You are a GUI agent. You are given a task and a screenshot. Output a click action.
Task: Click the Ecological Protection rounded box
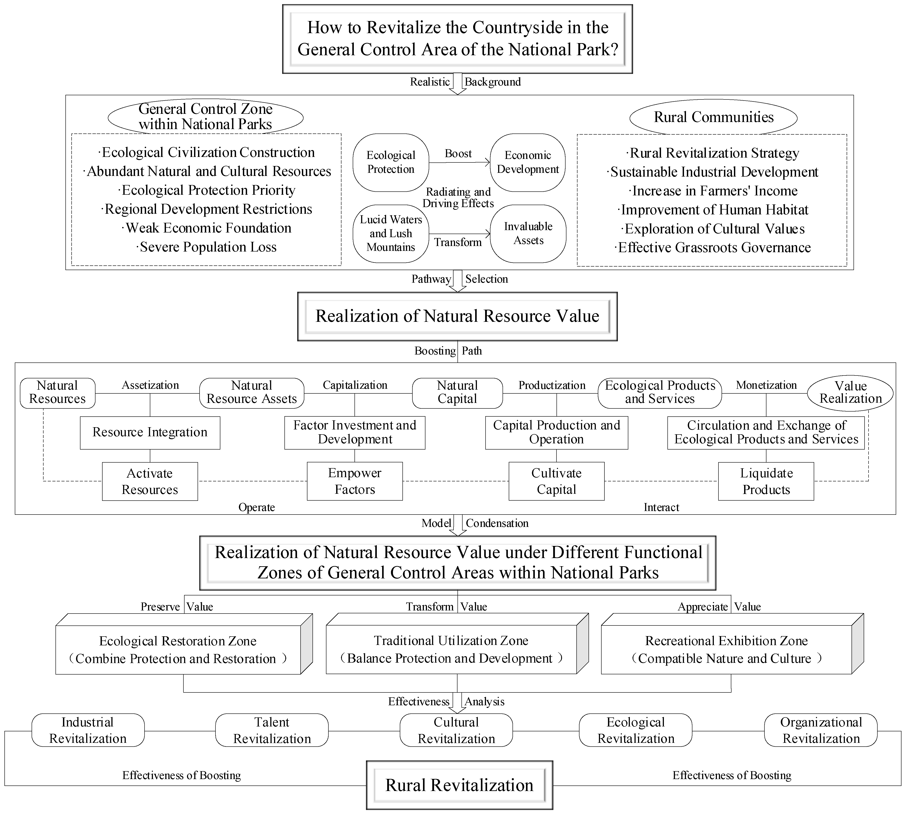pos(391,162)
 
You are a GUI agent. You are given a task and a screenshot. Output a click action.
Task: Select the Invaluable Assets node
pos(528,233)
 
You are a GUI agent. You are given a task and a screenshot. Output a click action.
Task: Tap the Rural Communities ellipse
pos(713,117)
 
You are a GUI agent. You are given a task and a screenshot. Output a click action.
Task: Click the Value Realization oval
pos(850,392)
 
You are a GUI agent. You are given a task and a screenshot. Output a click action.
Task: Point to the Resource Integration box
pos(150,433)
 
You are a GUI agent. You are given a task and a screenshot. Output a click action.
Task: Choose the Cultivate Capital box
pos(556,481)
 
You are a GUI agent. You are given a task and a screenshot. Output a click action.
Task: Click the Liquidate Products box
pos(766,481)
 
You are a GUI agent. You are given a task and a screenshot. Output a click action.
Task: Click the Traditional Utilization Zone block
pos(451,649)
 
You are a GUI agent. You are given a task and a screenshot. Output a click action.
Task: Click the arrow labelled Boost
pos(459,162)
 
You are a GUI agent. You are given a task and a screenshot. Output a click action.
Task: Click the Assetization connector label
pos(150,385)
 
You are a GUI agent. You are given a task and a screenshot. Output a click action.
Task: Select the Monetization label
pos(766,385)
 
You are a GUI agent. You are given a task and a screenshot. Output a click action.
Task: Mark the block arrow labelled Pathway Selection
pos(457,281)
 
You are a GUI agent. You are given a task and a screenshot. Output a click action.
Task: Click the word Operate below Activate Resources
pos(256,507)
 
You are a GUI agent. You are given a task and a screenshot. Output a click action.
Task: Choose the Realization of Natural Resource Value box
pos(457,316)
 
